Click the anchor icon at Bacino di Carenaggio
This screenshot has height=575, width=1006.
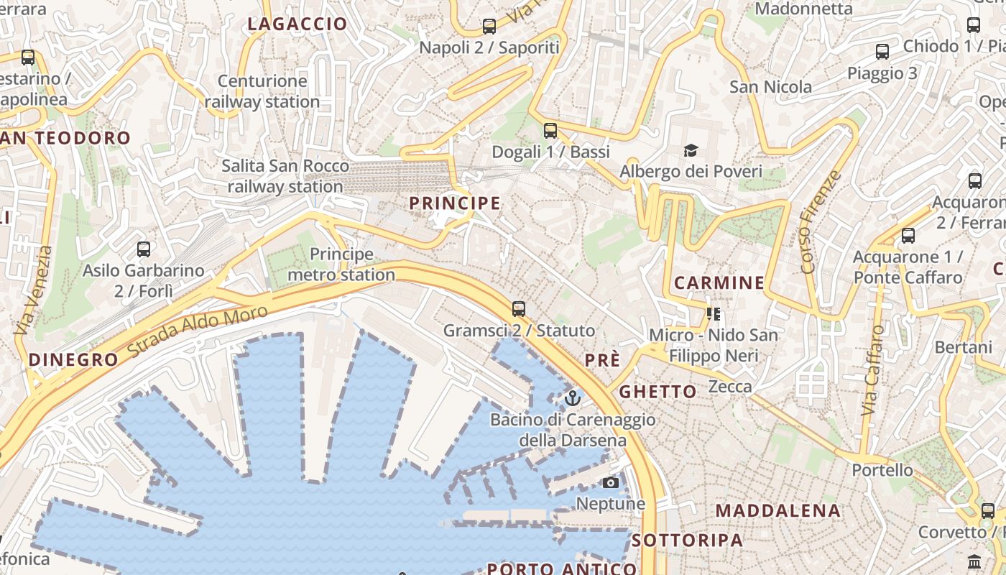click(x=573, y=397)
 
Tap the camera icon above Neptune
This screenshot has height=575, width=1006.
click(x=611, y=482)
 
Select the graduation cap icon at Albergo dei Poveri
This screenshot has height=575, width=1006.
click(x=691, y=150)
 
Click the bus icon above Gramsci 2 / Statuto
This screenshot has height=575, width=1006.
click(x=519, y=309)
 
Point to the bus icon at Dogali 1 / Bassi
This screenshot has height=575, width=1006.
click(x=550, y=130)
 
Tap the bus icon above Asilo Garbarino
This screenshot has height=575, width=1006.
click(x=144, y=249)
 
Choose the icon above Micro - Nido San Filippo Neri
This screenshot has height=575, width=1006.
click(x=714, y=313)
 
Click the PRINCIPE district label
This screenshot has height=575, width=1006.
click(x=455, y=203)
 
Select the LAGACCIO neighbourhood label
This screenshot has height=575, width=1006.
click(x=297, y=24)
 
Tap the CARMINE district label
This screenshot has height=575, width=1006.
click(x=719, y=282)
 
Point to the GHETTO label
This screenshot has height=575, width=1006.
click(x=657, y=392)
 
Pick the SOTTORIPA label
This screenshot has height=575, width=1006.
click(x=688, y=540)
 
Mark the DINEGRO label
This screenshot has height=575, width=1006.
click(x=73, y=360)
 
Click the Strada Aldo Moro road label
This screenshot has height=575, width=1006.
click(x=198, y=332)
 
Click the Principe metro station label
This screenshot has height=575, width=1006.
click(x=341, y=264)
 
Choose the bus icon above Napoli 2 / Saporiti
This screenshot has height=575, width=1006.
click(x=489, y=27)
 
